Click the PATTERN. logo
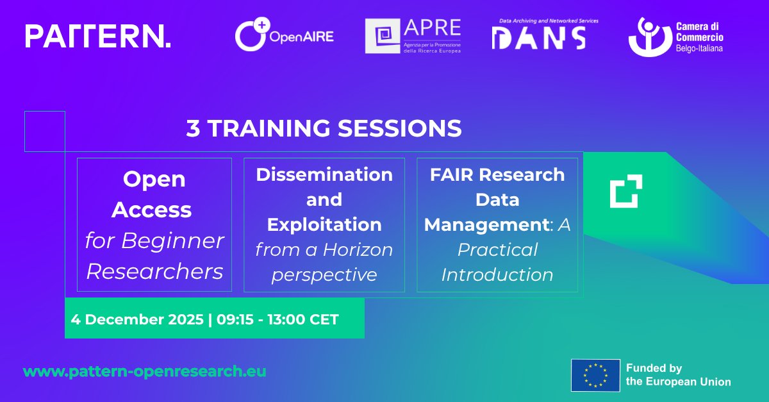pyautogui.click(x=98, y=36)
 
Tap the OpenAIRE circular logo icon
pyautogui.click(x=249, y=36)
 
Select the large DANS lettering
pyautogui.click(x=538, y=38)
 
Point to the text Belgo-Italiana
pyautogui.click(x=699, y=48)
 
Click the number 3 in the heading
pyautogui.click(x=193, y=128)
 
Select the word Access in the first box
pyautogui.click(x=155, y=210)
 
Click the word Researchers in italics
pyautogui.click(x=155, y=271)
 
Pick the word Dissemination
pyautogui.click(x=324, y=174)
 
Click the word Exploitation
pyautogui.click(x=324, y=224)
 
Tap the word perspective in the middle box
pyautogui.click(x=324, y=274)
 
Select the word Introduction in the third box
pyautogui.click(x=497, y=274)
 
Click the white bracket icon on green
pyautogui.click(x=625, y=191)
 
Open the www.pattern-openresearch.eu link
pyautogui.click(x=145, y=371)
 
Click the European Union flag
pyautogui.click(x=595, y=375)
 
